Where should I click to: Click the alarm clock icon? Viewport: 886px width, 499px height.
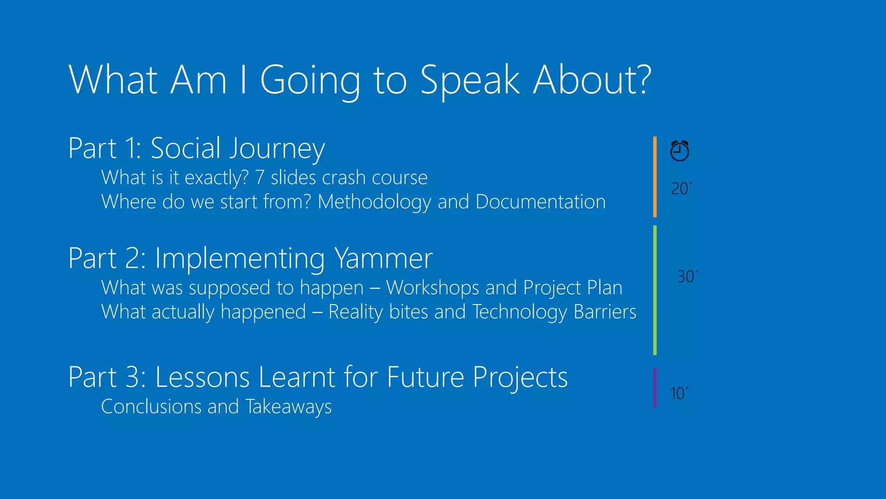[x=680, y=151]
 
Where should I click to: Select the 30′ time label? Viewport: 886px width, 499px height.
[x=687, y=276]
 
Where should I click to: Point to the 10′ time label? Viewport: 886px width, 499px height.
[x=679, y=393]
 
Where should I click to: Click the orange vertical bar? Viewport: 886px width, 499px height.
[x=655, y=177]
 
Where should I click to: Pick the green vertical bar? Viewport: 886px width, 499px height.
[x=655, y=290]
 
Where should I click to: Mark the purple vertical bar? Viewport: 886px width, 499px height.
[x=655, y=388]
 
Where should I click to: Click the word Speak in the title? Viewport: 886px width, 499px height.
[x=470, y=81]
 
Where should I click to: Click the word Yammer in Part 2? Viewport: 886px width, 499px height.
[x=383, y=259]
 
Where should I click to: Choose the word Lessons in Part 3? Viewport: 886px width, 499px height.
[x=202, y=377]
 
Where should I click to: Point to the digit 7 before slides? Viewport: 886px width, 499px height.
[x=260, y=178]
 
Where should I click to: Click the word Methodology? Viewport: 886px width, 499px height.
[x=374, y=202]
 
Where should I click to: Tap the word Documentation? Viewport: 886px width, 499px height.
[x=540, y=202]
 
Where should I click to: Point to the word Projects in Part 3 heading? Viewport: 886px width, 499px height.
[x=520, y=378]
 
